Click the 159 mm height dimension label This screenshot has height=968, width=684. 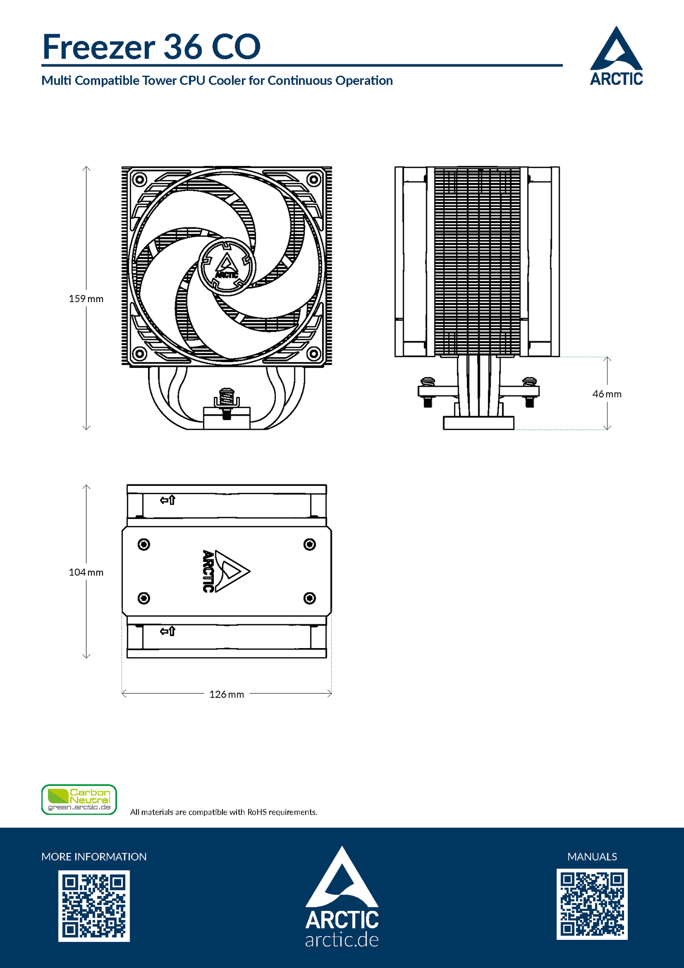(86, 299)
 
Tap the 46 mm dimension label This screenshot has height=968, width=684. (607, 394)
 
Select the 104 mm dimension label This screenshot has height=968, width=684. (86, 572)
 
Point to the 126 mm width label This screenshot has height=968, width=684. (226, 694)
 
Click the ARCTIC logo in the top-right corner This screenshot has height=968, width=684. (616, 57)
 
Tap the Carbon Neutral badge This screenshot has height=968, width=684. (79, 800)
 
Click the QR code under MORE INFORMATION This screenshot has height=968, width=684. (94, 906)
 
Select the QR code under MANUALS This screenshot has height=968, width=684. (592, 904)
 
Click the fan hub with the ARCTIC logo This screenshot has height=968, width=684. (226, 267)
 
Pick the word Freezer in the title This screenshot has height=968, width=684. (99, 47)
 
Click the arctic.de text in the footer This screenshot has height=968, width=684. (342, 940)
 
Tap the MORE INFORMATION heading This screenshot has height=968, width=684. (94, 857)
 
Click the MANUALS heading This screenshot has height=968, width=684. (592, 857)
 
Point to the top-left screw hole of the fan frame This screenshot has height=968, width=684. (139, 180)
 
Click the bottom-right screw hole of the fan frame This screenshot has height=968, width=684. (314, 354)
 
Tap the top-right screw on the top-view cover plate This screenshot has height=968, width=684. (310, 544)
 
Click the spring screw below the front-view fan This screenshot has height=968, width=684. (226, 401)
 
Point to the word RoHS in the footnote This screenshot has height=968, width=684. (257, 812)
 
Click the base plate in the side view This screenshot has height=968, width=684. (478, 423)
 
